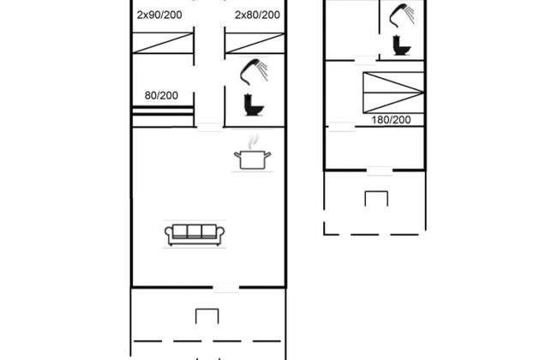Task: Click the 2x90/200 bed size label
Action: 159,15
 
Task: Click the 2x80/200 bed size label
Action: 257,15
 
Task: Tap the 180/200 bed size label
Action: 391,120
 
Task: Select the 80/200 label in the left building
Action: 161,95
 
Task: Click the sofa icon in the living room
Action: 195,235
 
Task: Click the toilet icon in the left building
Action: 254,105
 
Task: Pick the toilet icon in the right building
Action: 401,45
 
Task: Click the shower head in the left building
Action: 254,71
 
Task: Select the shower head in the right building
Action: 401,15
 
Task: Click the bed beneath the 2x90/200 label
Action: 163,43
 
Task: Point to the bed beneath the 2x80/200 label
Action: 255,43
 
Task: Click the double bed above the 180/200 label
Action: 393,93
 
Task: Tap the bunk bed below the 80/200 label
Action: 163,117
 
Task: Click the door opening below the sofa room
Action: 226,287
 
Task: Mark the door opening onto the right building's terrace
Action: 380,171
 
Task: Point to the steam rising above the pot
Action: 253,141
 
